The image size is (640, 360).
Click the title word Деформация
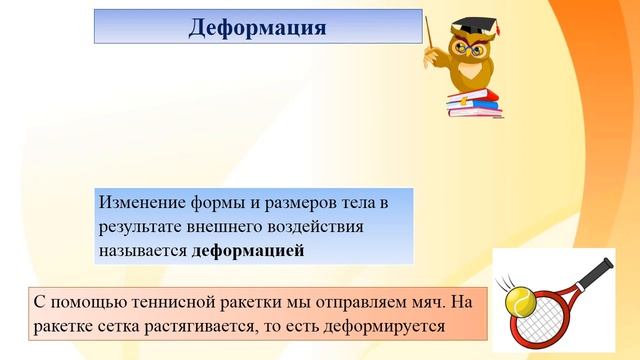point(257,27)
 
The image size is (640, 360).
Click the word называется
point(144,251)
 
